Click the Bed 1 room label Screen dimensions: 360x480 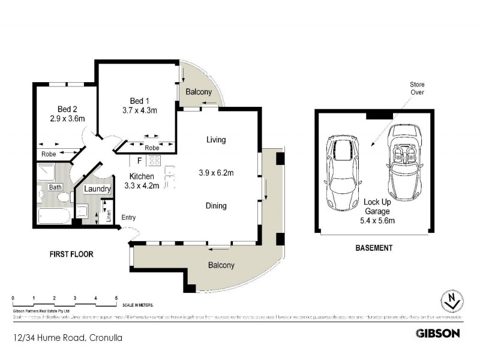[x=136, y=100]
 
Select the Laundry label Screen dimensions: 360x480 [x=97, y=189]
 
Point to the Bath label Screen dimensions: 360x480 [x=56, y=187]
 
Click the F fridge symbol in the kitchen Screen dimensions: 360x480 [x=139, y=160]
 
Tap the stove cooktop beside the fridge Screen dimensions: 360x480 [x=154, y=160]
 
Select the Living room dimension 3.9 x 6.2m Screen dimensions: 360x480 [x=216, y=173]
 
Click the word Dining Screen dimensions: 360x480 [x=216, y=206]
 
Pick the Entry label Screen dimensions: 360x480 [x=129, y=217]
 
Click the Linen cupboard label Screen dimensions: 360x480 [x=109, y=214]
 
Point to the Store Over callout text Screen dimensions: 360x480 [x=417, y=89]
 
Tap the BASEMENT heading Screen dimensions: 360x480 [x=374, y=248]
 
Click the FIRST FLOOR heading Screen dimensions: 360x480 [x=71, y=254]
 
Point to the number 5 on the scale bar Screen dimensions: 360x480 [x=116, y=298]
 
